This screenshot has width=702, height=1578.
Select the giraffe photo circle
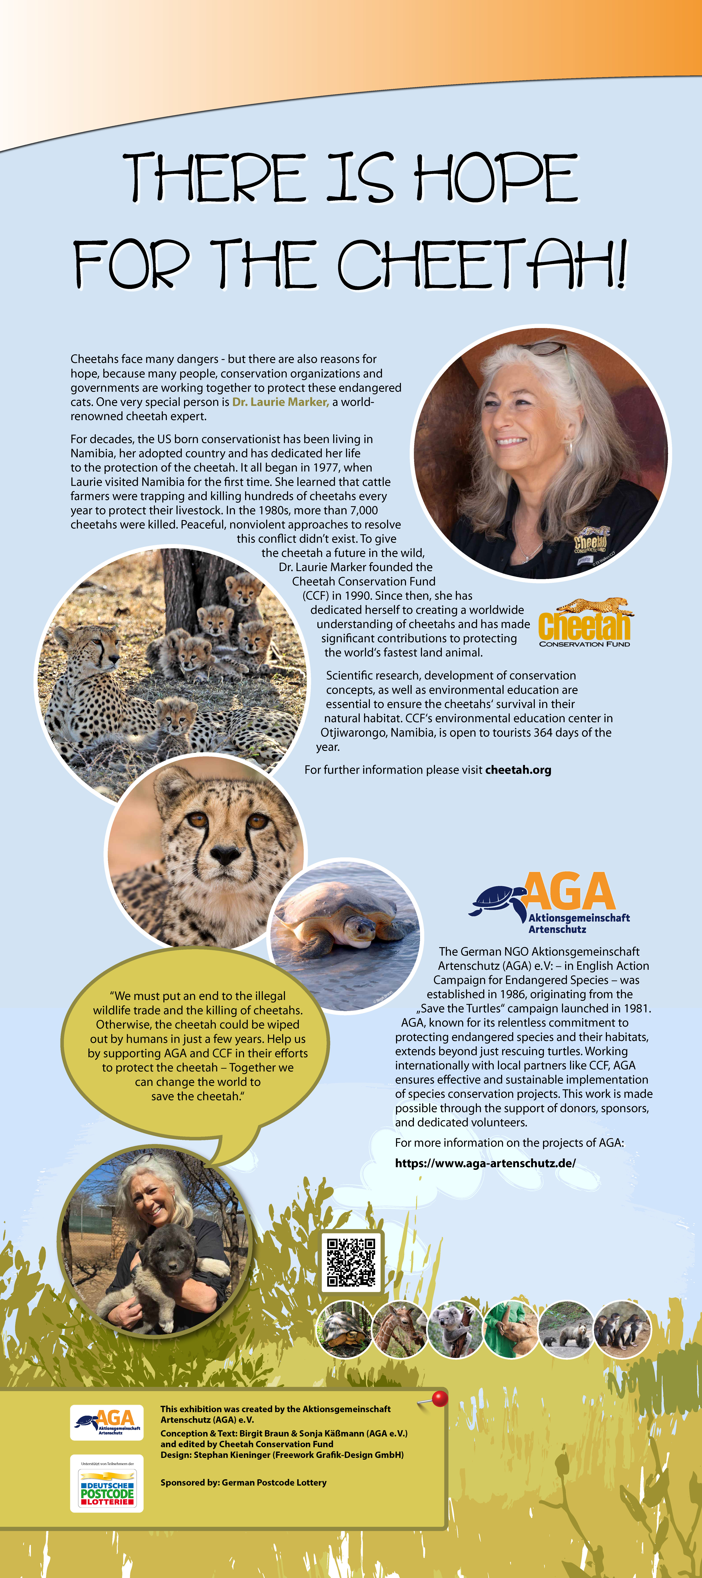[399, 1329]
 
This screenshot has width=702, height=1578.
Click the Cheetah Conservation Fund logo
[585, 623]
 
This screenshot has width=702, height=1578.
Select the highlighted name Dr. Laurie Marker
[280, 402]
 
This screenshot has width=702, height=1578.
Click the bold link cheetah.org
[518, 770]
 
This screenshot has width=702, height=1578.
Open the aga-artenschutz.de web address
[485, 1163]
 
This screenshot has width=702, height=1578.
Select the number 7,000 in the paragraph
[364, 510]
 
